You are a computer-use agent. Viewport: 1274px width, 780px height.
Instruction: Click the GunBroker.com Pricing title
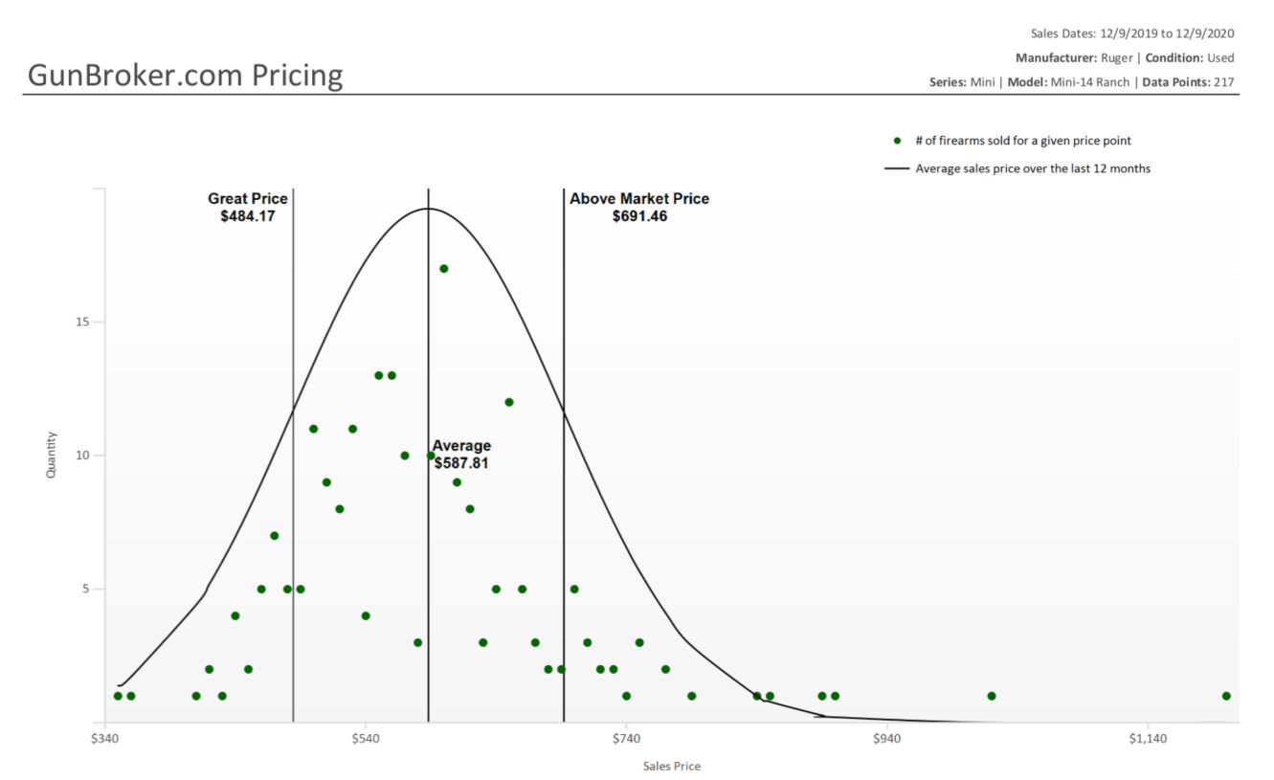point(185,75)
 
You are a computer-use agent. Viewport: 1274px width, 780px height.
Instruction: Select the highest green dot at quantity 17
point(444,269)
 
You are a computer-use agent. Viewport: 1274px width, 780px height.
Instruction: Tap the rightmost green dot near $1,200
point(1226,696)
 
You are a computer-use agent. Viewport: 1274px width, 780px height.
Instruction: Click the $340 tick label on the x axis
point(104,739)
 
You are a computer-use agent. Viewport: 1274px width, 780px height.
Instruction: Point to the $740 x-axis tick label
point(626,739)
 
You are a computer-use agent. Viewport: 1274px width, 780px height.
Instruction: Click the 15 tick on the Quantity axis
point(84,322)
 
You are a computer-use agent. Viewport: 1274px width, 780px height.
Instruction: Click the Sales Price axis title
point(671,766)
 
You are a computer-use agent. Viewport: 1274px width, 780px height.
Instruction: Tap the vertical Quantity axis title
point(52,455)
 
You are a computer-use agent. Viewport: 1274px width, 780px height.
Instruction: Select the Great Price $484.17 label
point(248,208)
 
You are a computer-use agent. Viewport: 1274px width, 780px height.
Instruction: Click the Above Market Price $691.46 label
point(639,208)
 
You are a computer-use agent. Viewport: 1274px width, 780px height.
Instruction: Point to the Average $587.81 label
point(463,455)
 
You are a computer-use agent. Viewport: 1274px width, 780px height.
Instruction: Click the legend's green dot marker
point(897,141)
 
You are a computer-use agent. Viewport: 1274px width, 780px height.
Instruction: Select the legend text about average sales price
point(1033,168)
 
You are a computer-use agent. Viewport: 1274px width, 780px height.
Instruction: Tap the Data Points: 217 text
point(1188,82)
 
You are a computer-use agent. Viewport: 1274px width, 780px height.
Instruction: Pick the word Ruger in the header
point(1117,57)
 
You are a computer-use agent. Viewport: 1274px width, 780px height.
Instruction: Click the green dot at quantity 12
point(509,402)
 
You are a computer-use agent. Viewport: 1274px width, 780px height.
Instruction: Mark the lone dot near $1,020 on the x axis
point(992,696)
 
